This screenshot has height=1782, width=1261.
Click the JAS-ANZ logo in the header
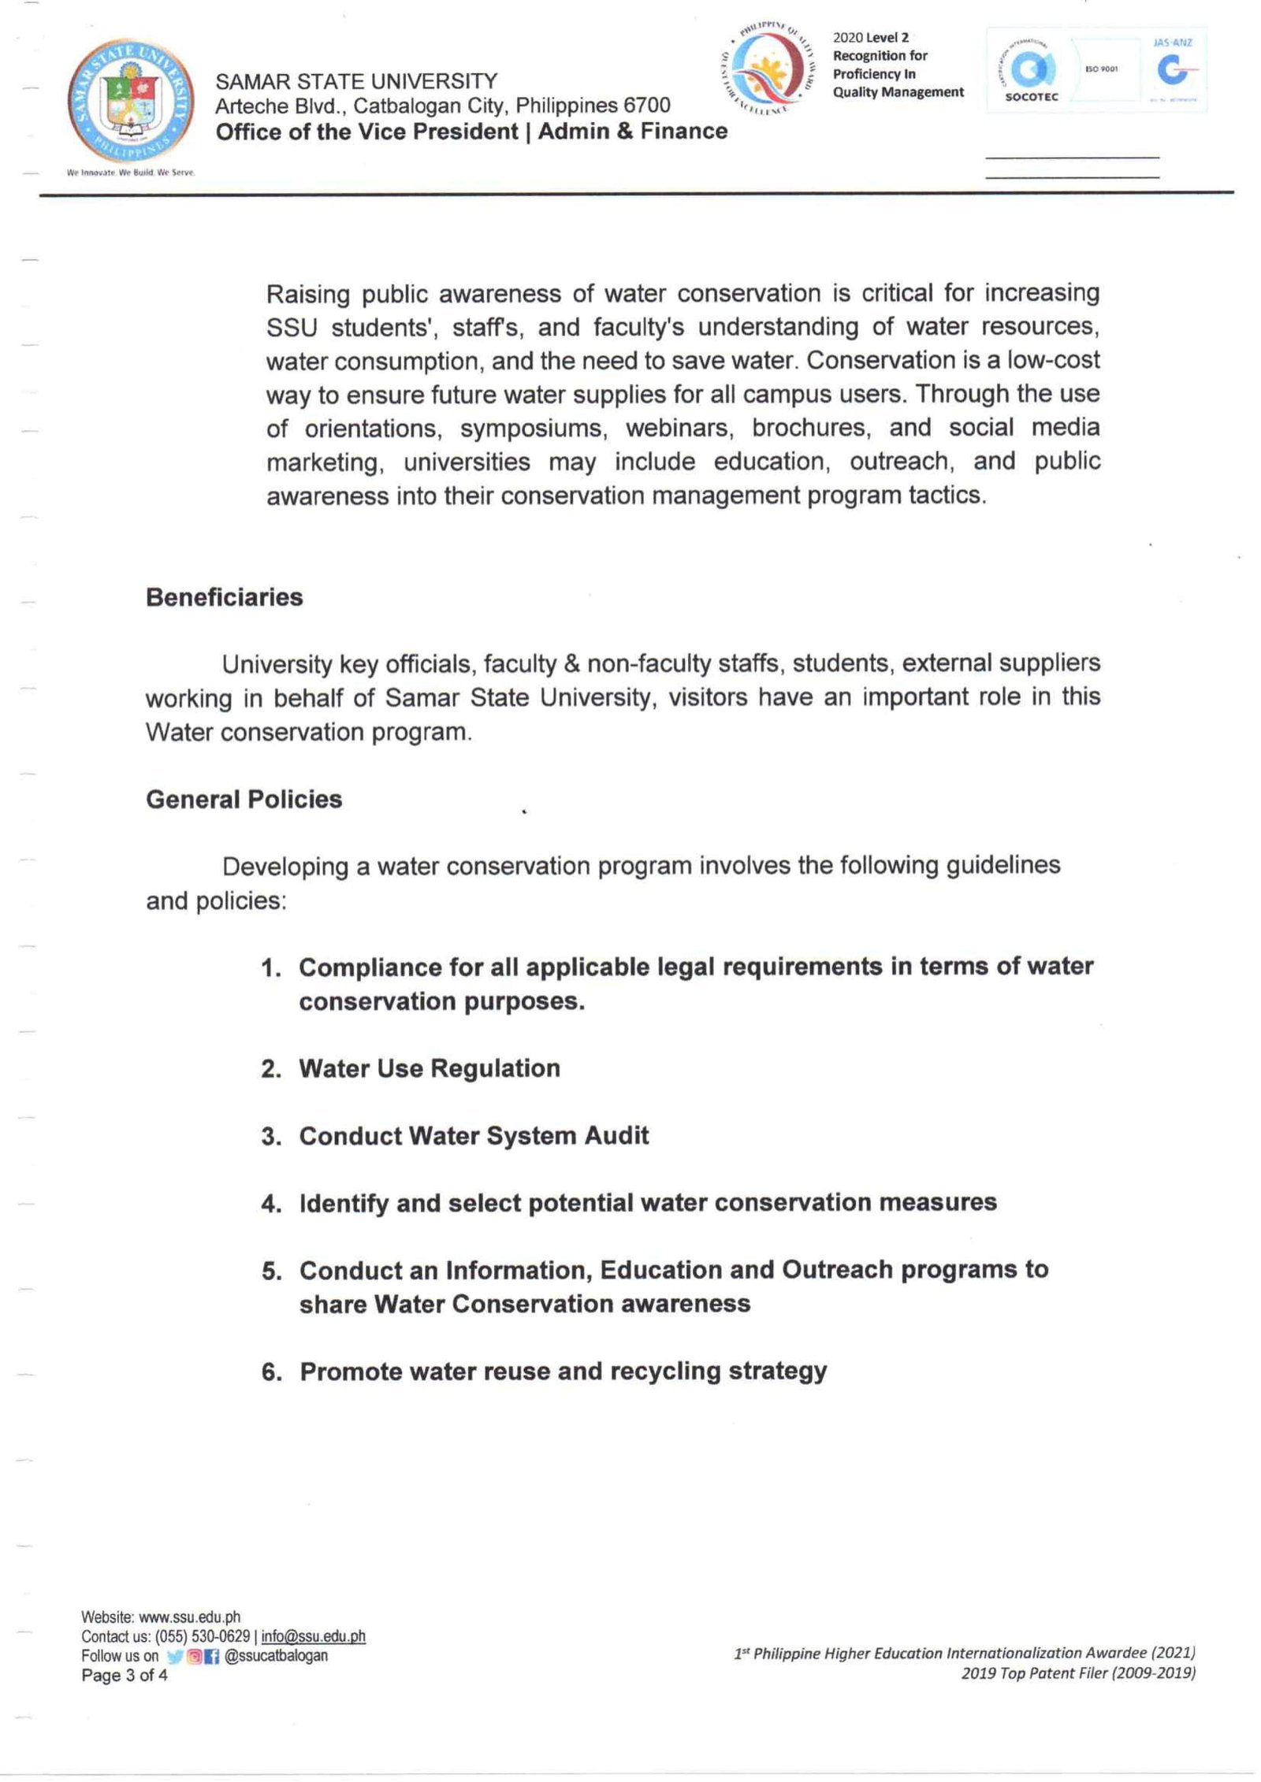click(x=1174, y=69)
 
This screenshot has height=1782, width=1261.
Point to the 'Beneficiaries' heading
click(x=224, y=597)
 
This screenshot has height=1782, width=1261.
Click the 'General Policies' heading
click(x=244, y=799)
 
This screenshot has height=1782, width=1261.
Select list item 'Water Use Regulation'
click(x=430, y=1068)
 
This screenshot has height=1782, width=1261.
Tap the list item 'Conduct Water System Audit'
click(x=474, y=1135)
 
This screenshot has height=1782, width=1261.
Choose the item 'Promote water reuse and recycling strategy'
click(x=564, y=1372)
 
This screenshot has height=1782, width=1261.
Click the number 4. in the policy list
click(x=271, y=1204)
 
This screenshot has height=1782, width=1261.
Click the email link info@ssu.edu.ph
click(x=313, y=1636)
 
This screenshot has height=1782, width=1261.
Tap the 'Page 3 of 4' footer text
click(x=125, y=1675)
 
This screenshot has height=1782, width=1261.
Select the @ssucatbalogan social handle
click(x=276, y=1656)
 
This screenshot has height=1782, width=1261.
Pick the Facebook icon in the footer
click(x=211, y=1657)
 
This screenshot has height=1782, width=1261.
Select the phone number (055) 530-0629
click(x=203, y=1636)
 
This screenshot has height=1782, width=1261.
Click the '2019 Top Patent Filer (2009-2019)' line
click(x=1077, y=1672)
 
